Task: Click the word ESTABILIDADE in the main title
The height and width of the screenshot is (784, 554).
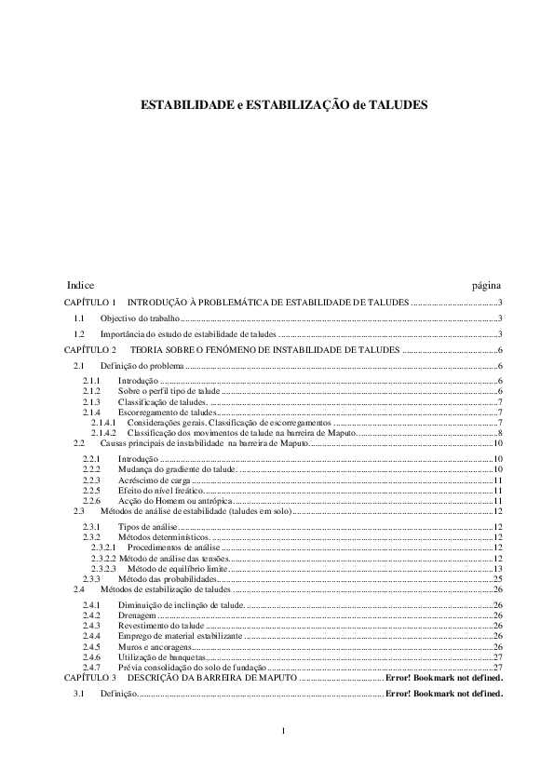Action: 182,106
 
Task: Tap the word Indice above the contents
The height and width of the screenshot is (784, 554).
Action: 80,284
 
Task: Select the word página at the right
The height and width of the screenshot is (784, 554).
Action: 487,284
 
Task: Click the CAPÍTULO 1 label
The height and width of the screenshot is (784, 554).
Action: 90,303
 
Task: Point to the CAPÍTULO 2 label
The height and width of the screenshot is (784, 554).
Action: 90,349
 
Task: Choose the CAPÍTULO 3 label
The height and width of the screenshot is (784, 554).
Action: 90,678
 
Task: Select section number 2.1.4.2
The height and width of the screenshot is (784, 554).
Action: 102,433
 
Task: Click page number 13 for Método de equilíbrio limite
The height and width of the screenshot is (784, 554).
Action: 498,568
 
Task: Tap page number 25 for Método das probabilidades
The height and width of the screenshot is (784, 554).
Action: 498,579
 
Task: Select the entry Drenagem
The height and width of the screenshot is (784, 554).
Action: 136,615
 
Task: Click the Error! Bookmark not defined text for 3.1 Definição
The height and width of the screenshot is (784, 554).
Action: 443,694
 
